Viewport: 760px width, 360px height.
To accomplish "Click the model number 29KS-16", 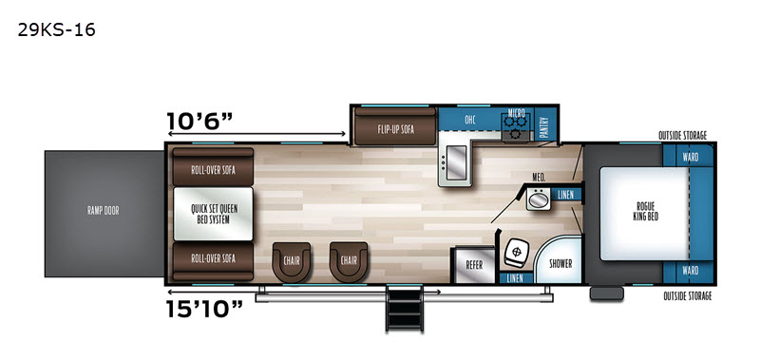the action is click(x=57, y=30).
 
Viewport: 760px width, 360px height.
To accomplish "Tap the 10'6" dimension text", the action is click(x=200, y=120).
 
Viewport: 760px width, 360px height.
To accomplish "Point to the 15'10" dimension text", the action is click(x=204, y=309).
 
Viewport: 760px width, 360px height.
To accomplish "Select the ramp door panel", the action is click(x=104, y=214).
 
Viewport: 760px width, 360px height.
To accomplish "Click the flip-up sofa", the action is click(x=395, y=126).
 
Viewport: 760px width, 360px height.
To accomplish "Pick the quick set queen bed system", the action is click(x=213, y=214).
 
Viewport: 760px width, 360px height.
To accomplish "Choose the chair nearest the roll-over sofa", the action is click(x=292, y=261).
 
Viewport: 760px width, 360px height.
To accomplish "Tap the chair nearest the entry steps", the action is click(x=349, y=261).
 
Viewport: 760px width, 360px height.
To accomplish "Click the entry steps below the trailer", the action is click(x=405, y=308).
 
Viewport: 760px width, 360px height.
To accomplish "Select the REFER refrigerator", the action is click(x=473, y=265).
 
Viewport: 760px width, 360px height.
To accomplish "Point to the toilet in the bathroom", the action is click(x=515, y=253).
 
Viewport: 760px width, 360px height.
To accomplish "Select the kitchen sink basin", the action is click(x=455, y=163).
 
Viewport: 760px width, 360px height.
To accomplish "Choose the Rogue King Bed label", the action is click(x=646, y=211).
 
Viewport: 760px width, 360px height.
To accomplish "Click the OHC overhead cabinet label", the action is click(x=469, y=120).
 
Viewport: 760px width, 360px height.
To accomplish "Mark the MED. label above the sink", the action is click(x=539, y=179).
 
